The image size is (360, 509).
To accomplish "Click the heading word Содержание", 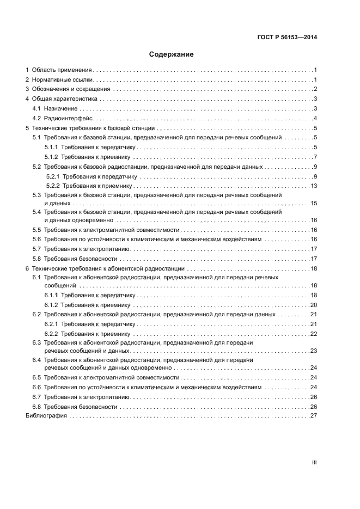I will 172,54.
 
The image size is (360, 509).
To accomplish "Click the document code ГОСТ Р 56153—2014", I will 287,38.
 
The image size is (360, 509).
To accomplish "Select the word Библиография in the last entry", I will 46,415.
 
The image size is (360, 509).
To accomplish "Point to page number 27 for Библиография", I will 313,415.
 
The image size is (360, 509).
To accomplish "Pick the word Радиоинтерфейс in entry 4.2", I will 67,118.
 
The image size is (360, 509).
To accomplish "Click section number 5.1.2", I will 52,157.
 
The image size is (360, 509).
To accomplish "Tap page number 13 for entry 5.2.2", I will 313,186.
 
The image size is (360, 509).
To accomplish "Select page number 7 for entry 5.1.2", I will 315,157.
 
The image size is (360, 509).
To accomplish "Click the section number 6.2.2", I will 52,333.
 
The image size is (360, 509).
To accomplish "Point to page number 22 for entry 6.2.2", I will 313,333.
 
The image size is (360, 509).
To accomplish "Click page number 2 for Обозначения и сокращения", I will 315,89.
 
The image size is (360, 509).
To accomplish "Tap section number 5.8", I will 36,259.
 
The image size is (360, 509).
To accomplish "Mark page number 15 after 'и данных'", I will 313,203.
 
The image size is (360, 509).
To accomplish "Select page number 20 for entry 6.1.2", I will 313,304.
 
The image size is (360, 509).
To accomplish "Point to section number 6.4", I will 36,360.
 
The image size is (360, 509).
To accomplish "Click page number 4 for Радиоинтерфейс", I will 315,118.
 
